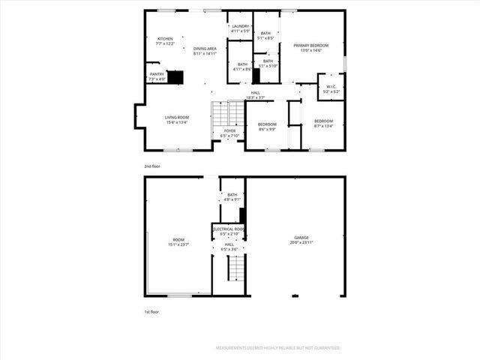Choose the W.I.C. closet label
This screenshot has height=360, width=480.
coord(331,88)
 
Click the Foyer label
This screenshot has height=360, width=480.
coord(229,133)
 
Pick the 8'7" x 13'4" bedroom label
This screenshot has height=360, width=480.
coord(324,124)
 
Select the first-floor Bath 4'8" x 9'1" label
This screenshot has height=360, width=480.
coord(232,197)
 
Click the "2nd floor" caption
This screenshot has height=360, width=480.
coord(152,166)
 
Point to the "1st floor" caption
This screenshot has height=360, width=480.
coord(151,311)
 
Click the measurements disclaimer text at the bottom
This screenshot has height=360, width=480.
coord(278,348)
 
